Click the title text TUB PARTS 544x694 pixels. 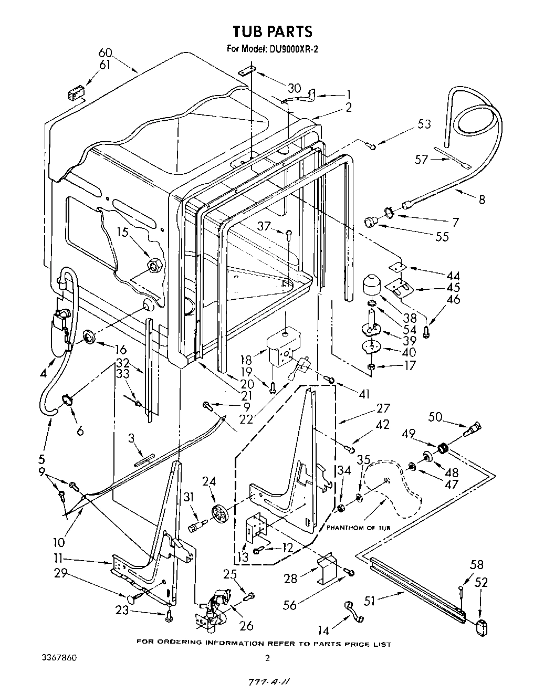[273, 31]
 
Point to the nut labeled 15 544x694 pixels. [154, 265]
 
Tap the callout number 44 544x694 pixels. [453, 276]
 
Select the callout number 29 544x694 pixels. [61, 573]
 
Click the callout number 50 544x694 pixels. [435, 416]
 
